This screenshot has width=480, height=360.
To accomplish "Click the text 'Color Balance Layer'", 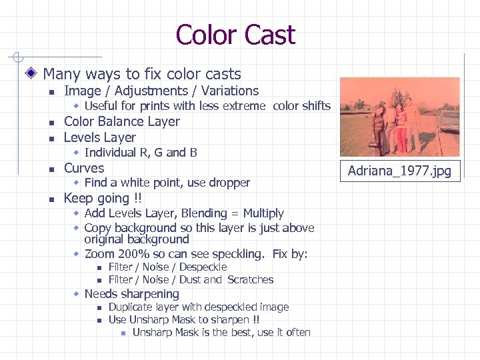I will (x=121, y=121).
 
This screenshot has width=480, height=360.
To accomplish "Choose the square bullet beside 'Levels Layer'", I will (x=51, y=139).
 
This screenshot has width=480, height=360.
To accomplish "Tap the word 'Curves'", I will (x=84, y=168).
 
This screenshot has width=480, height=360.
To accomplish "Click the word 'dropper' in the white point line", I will (x=230, y=183).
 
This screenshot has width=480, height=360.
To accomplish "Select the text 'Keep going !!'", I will (x=102, y=198).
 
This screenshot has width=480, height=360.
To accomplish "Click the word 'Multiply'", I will (x=263, y=213).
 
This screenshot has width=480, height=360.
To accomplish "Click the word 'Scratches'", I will (x=250, y=280).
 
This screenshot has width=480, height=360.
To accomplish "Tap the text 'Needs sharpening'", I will (x=132, y=294).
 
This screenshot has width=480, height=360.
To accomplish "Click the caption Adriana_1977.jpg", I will (x=399, y=171).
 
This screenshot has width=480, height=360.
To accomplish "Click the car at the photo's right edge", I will (x=450, y=122).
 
